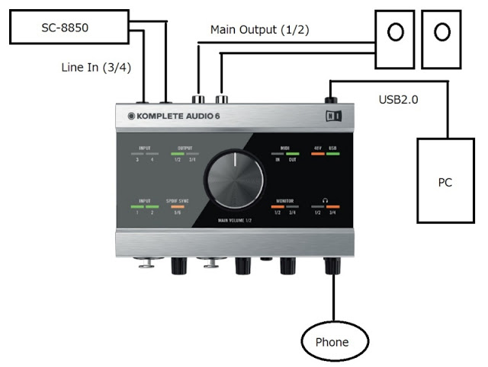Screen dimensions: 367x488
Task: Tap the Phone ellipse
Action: pyautogui.click(x=332, y=341)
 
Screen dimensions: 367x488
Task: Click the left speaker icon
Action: pyautogui.click(x=395, y=33)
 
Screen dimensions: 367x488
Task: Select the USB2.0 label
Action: pyautogui.click(x=400, y=100)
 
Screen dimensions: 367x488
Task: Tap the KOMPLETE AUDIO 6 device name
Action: pyautogui.click(x=173, y=116)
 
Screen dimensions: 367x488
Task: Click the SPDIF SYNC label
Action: pyautogui.click(x=177, y=200)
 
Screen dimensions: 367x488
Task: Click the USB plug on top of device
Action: pyautogui.click(x=332, y=99)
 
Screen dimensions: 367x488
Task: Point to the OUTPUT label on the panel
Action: pyautogui.click(x=185, y=148)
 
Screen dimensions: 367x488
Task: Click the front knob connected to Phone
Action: pyautogui.click(x=332, y=265)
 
